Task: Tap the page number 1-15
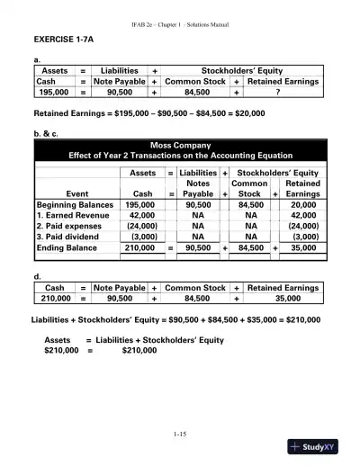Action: [179, 435]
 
